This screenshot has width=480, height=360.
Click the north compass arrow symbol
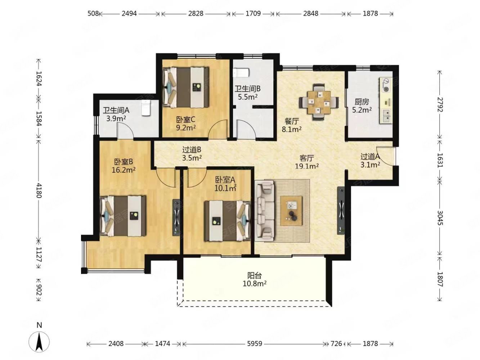[39, 342]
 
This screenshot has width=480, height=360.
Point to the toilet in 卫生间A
[145, 108]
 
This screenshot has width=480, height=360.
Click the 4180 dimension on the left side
[39, 190]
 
